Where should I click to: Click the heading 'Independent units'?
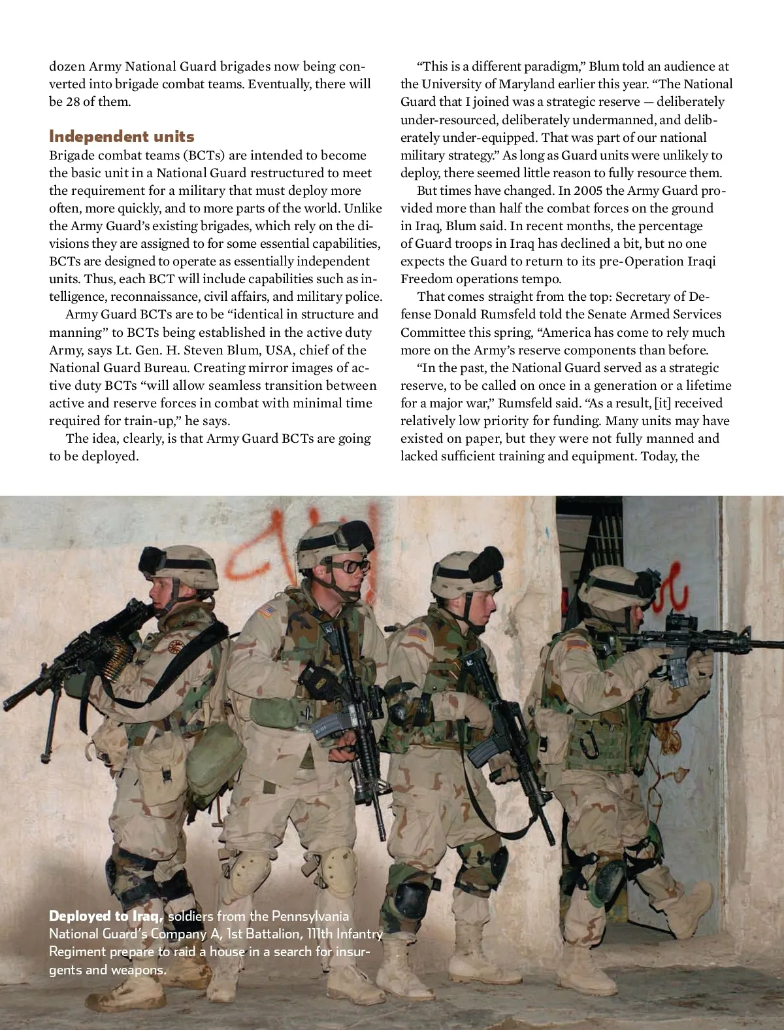(x=122, y=137)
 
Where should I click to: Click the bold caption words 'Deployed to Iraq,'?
(x=106, y=916)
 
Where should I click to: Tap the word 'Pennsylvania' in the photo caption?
(x=310, y=916)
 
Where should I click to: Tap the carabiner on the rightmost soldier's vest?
(x=591, y=742)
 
